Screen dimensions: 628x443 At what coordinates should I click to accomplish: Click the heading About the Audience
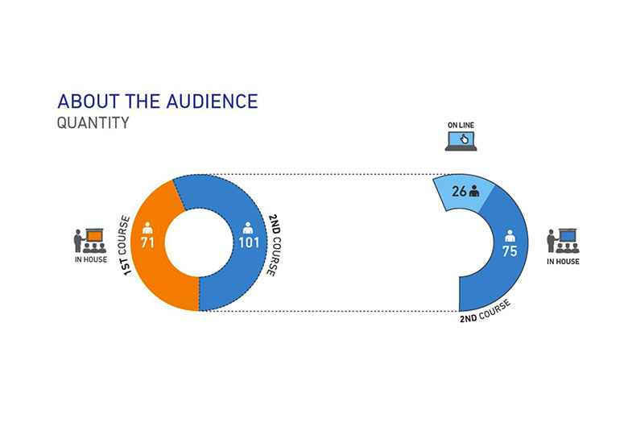click(x=157, y=101)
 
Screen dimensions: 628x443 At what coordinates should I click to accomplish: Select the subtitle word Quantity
click(x=93, y=122)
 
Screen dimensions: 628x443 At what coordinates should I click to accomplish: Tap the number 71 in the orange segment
click(x=147, y=242)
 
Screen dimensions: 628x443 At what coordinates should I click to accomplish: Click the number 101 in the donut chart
click(x=249, y=242)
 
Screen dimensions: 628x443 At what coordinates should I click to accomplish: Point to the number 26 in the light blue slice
click(x=459, y=192)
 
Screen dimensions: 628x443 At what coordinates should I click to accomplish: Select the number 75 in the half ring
click(x=510, y=251)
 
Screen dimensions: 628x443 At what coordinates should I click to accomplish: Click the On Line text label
click(x=461, y=126)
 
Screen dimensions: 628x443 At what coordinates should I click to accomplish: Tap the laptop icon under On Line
click(x=461, y=142)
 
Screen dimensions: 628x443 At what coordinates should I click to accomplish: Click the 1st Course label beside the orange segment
click(x=125, y=245)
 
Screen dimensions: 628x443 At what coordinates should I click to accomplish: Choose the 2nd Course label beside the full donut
click(x=275, y=245)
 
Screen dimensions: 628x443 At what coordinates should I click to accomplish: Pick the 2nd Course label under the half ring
click(x=485, y=311)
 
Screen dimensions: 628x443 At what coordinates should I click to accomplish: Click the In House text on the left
click(x=91, y=259)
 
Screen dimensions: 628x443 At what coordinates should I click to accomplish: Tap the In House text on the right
click(x=563, y=262)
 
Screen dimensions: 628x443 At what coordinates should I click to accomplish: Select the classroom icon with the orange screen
click(x=89, y=241)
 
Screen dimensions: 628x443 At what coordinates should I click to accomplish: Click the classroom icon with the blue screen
click(x=563, y=241)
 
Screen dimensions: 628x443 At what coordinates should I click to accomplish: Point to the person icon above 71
click(x=147, y=228)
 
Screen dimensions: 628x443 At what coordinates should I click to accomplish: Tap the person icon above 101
click(x=248, y=228)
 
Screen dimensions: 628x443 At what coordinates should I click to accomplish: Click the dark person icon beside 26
click(x=474, y=191)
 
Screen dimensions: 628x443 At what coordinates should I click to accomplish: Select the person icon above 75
click(x=510, y=236)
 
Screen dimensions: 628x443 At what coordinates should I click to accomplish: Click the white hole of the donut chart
click(x=199, y=242)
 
